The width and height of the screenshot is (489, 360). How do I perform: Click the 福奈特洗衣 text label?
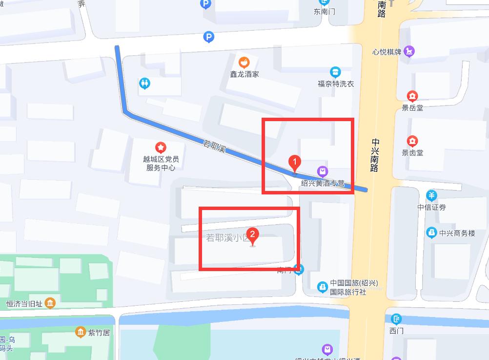click(x=336, y=84)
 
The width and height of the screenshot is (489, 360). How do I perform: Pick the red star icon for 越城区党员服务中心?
click(x=160, y=147)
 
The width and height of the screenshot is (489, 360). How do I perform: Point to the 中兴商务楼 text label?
click(x=457, y=233)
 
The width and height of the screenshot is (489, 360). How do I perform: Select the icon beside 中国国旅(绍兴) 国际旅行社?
click(x=322, y=287)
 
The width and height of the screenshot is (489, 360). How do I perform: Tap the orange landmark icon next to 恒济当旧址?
click(x=50, y=304)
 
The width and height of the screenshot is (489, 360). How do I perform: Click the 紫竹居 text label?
click(x=99, y=333)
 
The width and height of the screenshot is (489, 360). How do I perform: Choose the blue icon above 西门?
click(x=397, y=319)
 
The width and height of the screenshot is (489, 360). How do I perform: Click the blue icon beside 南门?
click(x=299, y=269)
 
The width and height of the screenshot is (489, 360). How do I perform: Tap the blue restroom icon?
click(x=144, y=83)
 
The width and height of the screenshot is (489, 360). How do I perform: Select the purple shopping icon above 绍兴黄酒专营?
click(x=322, y=171)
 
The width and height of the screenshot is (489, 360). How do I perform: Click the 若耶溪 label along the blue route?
click(x=214, y=146)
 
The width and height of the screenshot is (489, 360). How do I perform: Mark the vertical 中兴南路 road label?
click(x=375, y=155)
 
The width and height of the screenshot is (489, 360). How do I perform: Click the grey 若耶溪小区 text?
click(x=226, y=238)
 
